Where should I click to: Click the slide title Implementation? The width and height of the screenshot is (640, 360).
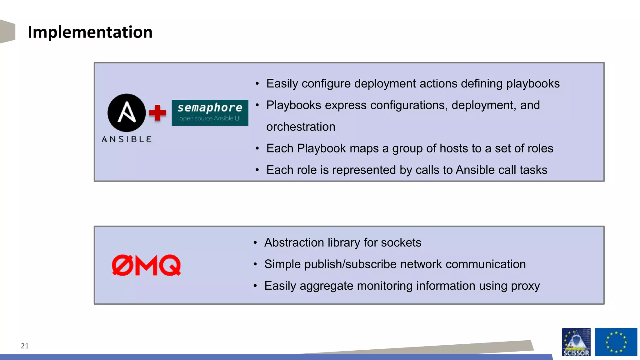[x=90, y=32]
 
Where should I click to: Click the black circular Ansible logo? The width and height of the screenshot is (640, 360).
[x=127, y=113]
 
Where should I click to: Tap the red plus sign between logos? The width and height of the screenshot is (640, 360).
[x=157, y=113]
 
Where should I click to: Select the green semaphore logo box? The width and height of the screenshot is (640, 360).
[x=210, y=113]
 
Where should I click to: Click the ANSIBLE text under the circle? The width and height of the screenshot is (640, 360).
[x=127, y=139]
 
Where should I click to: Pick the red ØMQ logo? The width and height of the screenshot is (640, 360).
[x=146, y=265]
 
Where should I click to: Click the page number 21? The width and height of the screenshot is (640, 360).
[x=25, y=346]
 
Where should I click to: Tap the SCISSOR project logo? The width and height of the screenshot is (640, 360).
[x=576, y=342]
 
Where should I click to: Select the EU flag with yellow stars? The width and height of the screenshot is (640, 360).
[x=616, y=342]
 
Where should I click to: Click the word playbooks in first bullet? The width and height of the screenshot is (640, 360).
[x=533, y=84]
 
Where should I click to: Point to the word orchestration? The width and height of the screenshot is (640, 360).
[x=301, y=127]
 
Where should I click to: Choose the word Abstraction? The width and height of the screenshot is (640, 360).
[x=294, y=243]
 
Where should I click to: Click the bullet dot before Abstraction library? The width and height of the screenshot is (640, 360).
[x=255, y=243]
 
